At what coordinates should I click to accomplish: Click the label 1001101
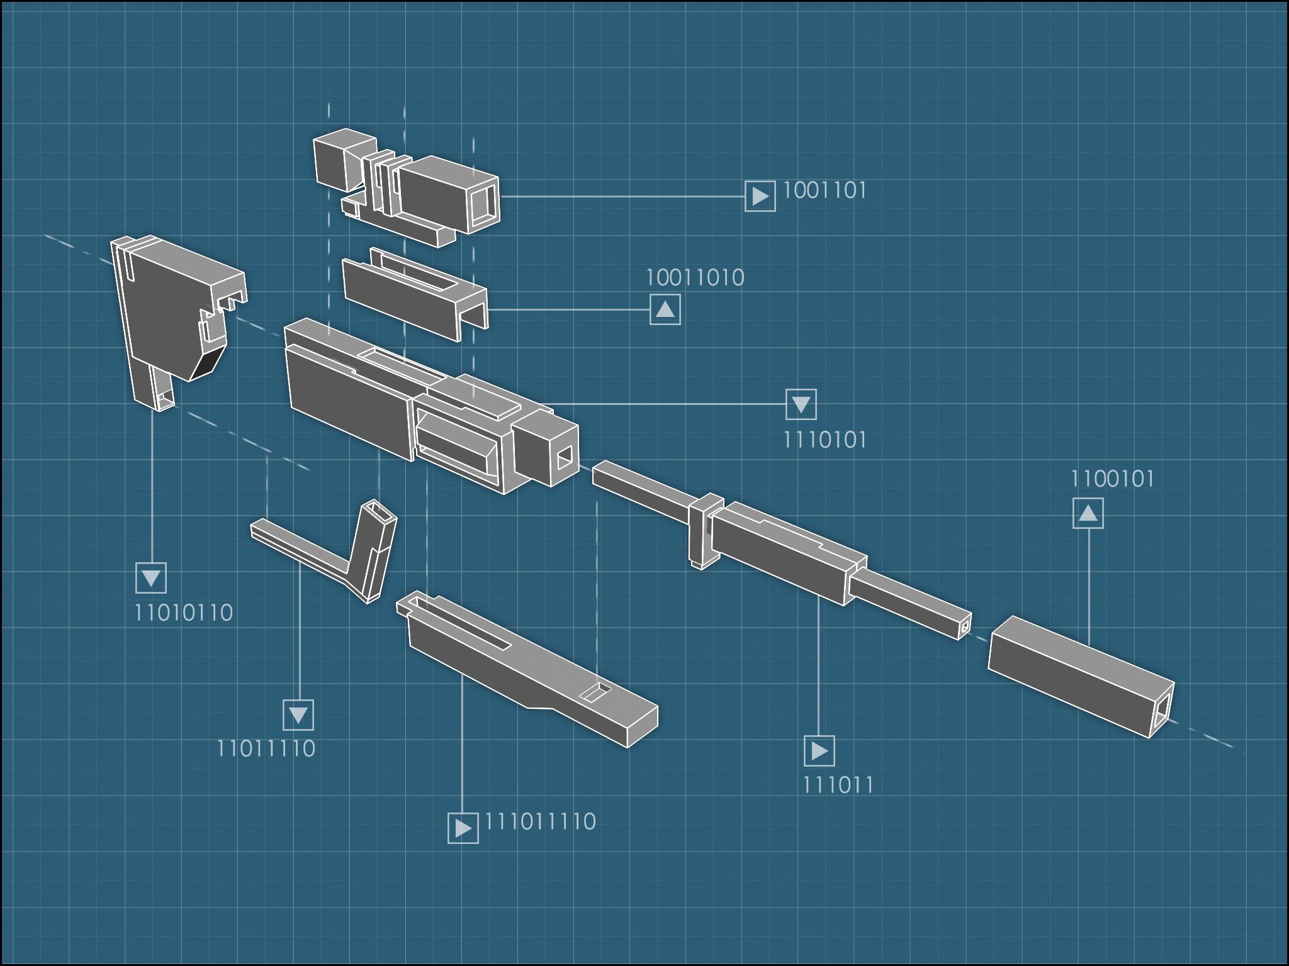click(825, 190)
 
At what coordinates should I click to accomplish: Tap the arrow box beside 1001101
click(760, 196)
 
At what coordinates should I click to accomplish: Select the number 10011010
click(695, 277)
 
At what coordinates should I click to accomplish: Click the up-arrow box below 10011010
click(665, 309)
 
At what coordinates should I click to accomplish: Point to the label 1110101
click(825, 440)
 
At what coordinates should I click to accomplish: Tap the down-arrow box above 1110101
click(801, 404)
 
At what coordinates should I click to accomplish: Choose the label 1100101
click(1112, 479)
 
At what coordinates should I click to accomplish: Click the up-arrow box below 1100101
click(1088, 513)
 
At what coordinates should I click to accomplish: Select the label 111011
click(838, 785)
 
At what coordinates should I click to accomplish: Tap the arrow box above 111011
click(819, 751)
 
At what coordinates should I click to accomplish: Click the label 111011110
click(540, 821)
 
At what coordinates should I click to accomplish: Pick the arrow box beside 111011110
click(463, 828)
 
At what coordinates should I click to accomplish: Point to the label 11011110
click(266, 748)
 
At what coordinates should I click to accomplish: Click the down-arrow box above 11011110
click(298, 715)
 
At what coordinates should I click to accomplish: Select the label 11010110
click(183, 613)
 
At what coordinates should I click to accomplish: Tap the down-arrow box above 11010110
click(151, 578)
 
